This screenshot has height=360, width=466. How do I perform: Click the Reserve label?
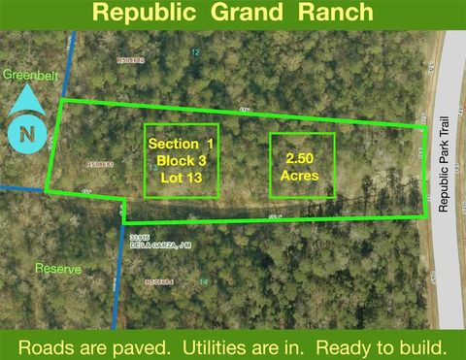56,268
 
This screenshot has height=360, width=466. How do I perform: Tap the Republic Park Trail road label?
446,176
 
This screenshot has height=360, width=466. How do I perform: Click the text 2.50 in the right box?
301,158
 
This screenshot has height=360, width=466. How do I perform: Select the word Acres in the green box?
301,176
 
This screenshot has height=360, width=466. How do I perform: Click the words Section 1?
180,144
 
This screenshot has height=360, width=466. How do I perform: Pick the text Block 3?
180,160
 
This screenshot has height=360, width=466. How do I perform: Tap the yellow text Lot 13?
180,177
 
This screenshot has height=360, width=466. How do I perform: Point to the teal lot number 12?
195,51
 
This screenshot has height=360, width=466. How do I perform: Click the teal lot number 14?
203,281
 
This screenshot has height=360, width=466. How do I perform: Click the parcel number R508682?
130,60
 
